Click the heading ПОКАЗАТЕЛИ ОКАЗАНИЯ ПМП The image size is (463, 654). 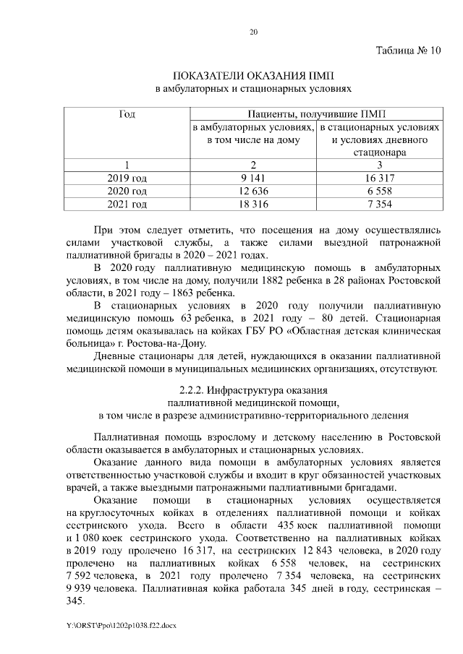(x=254, y=76)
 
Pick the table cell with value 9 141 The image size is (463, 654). (x=253, y=178)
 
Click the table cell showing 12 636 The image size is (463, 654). (x=253, y=192)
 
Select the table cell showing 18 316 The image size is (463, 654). (x=253, y=205)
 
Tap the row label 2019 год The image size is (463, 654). (x=127, y=178)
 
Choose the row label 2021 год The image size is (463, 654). (x=127, y=205)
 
